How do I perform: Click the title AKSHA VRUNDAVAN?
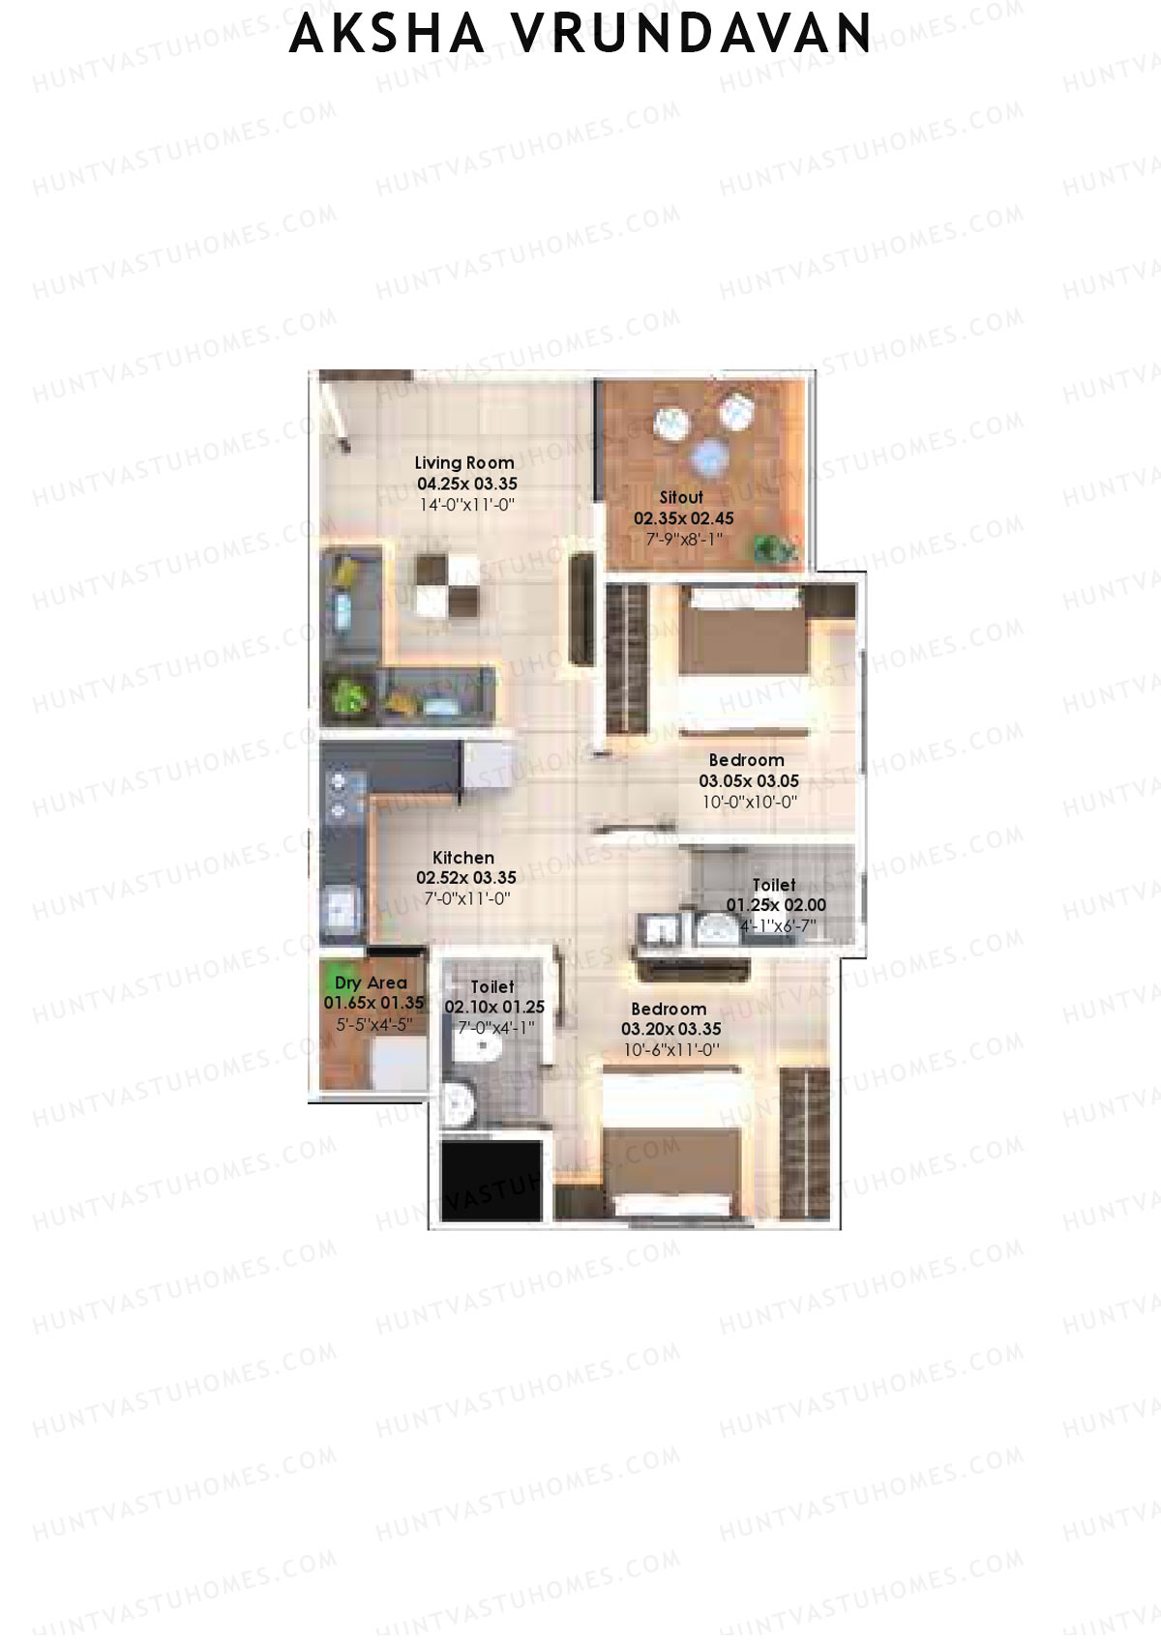tap(580, 33)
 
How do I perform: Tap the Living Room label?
tap(464, 463)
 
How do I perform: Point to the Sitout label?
tap(681, 497)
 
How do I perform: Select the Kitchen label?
tap(463, 858)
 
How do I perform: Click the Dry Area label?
tap(372, 982)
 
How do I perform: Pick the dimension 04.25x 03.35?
tap(467, 484)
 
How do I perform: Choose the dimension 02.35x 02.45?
tap(684, 518)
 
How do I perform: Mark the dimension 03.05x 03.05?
tap(749, 781)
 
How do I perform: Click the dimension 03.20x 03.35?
tap(671, 1029)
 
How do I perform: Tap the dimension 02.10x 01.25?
tap(494, 1008)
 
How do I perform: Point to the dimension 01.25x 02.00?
tap(776, 905)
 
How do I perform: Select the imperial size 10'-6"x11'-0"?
tap(671, 1050)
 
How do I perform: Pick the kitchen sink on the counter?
tap(340, 908)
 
